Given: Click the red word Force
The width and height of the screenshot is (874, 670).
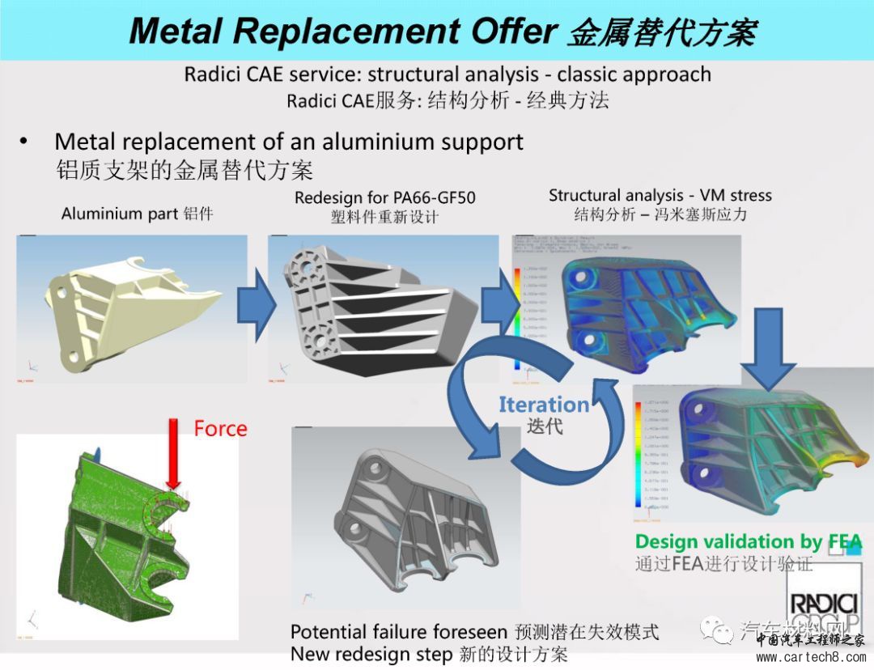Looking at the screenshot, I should [x=220, y=428].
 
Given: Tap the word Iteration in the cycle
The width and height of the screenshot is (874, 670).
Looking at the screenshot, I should [x=543, y=405].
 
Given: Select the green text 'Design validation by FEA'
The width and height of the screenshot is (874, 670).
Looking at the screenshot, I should [x=748, y=542].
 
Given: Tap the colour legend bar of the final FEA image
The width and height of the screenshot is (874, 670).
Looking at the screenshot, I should [x=639, y=457].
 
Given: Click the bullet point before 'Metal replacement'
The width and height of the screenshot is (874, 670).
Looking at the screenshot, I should [x=24, y=142].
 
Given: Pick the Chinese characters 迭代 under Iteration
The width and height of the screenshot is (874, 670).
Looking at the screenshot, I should [x=543, y=426].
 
